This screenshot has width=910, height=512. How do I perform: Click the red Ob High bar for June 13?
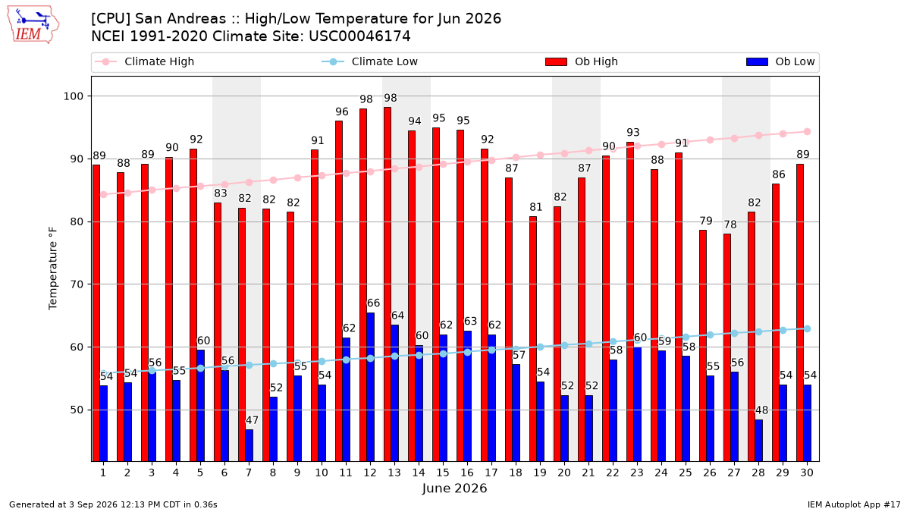(388, 284)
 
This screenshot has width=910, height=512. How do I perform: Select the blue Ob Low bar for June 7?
(249, 445)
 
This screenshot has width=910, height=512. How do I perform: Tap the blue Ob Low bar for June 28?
(758, 441)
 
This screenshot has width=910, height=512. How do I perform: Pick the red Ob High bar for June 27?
(727, 347)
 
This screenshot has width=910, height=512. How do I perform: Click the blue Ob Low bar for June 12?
(371, 387)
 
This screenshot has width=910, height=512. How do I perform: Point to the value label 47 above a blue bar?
(252, 420)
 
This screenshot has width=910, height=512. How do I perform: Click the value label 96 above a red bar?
(342, 112)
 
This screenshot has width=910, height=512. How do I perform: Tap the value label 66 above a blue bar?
(373, 303)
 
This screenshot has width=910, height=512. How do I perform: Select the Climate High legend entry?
(144, 61)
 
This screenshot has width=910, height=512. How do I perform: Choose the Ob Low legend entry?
(780, 61)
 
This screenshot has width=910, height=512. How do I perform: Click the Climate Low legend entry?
(370, 61)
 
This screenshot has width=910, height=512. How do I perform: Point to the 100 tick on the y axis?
(73, 96)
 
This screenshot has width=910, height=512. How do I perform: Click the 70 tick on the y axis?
(77, 284)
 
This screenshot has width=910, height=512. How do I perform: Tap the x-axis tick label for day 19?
(540, 473)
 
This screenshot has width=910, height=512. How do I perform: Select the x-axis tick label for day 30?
(807, 473)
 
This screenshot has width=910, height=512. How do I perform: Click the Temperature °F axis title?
(53, 269)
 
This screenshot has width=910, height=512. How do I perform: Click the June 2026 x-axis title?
(454, 488)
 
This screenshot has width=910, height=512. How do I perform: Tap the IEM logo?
(33, 25)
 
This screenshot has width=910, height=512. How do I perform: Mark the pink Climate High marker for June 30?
(807, 132)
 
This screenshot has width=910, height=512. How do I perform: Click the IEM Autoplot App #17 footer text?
(854, 504)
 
